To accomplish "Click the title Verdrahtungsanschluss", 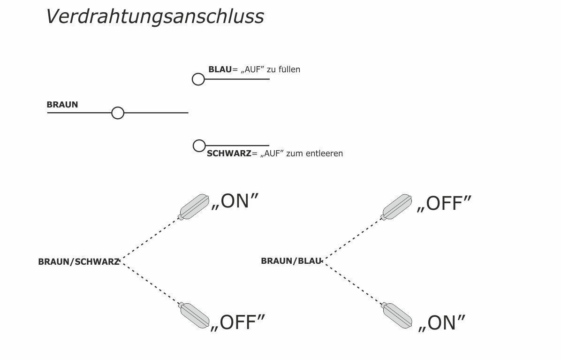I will click(x=155, y=16).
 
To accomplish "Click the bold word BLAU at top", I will click(x=220, y=69).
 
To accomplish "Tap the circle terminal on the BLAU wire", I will click(x=198, y=79).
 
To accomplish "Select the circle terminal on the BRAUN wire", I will click(x=118, y=113).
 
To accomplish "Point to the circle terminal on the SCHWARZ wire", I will click(x=199, y=146).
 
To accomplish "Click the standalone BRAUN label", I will click(x=62, y=105).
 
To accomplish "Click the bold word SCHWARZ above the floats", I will click(x=229, y=153).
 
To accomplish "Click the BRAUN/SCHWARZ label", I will click(x=78, y=262).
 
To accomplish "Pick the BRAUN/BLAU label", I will click(x=291, y=261).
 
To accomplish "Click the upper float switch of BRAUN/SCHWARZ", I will click(x=194, y=207).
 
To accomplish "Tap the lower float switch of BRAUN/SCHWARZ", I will click(x=195, y=315).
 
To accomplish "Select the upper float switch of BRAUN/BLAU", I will click(x=397, y=207).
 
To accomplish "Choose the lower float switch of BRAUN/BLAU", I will click(x=398, y=315).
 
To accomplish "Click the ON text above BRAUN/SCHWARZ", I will click(x=235, y=201).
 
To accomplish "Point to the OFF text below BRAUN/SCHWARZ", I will click(x=238, y=323).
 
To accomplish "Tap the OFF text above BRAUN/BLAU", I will click(x=444, y=204).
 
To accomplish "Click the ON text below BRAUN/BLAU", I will click(x=442, y=323).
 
